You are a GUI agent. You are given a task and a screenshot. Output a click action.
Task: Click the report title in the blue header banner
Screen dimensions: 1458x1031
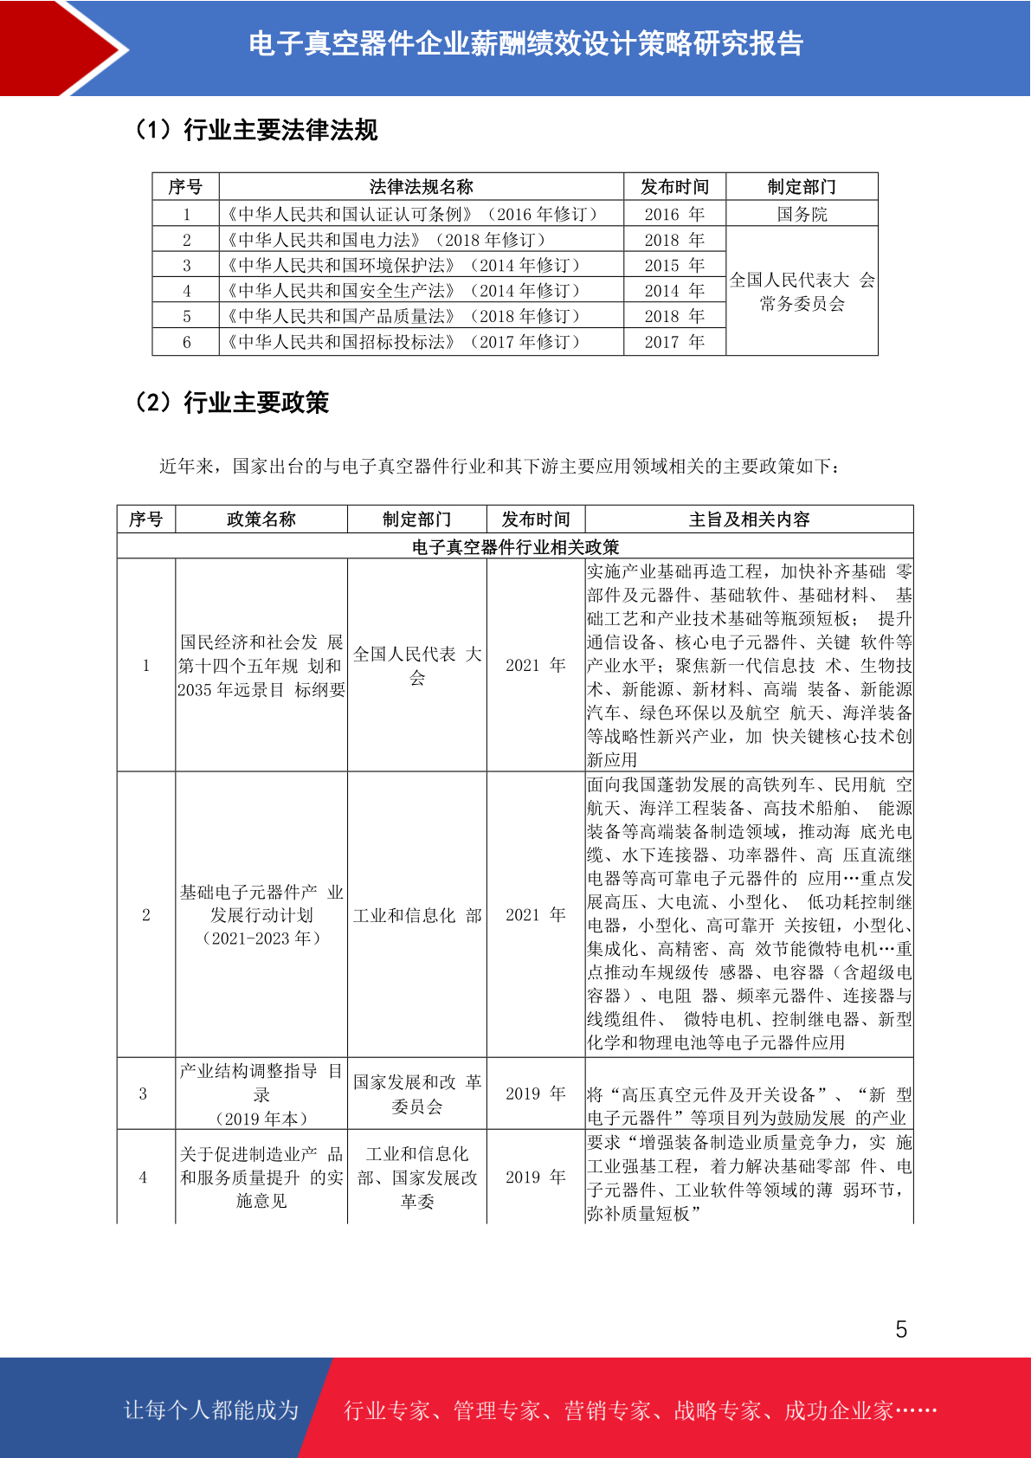(x=525, y=44)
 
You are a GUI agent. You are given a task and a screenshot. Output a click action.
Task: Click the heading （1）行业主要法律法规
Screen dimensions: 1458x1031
(x=256, y=130)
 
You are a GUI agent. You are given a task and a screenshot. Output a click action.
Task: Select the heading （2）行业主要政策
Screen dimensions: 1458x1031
(x=232, y=403)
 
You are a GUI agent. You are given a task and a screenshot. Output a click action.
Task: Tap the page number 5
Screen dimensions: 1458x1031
(x=901, y=1330)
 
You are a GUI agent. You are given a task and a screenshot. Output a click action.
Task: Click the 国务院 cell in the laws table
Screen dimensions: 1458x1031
(x=802, y=214)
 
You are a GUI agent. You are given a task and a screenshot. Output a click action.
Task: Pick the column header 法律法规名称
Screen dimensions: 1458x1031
(x=421, y=187)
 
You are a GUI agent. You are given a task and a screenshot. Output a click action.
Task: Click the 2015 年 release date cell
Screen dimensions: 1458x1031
(x=674, y=265)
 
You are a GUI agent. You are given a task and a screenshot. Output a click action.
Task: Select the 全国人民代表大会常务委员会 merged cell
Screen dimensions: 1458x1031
(x=802, y=292)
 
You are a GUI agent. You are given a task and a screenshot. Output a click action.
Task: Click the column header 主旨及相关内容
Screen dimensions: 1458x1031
(x=749, y=519)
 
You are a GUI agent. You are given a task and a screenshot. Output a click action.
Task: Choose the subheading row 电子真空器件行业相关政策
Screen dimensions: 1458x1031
(x=515, y=547)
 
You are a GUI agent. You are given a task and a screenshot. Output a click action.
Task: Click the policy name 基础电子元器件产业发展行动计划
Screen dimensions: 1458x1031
(x=261, y=915)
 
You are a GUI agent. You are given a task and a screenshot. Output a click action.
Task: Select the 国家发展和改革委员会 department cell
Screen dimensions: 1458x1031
(x=417, y=1094)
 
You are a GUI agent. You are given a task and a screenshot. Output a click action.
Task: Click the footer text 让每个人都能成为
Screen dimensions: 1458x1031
(x=211, y=1410)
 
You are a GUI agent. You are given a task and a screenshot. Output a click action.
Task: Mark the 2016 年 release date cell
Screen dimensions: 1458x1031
(x=674, y=214)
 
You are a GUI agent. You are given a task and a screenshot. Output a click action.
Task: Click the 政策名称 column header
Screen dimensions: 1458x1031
(x=261, y=519)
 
